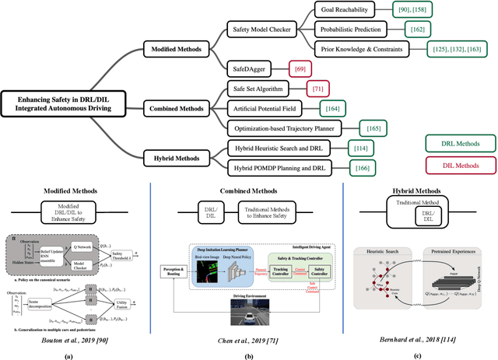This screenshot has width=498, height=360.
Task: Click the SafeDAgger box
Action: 244,68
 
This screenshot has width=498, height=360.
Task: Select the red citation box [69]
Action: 298,68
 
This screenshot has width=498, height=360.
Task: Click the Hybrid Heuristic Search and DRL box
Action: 279,147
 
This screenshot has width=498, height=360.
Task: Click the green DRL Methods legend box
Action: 460,143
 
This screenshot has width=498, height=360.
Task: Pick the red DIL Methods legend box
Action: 460,166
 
